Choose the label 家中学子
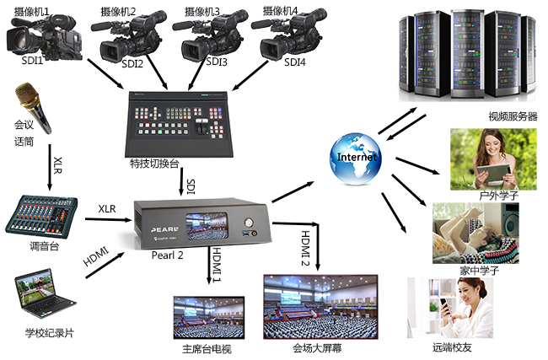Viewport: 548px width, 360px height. coord(475,271)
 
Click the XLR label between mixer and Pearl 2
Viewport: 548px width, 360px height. coord(106,208)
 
